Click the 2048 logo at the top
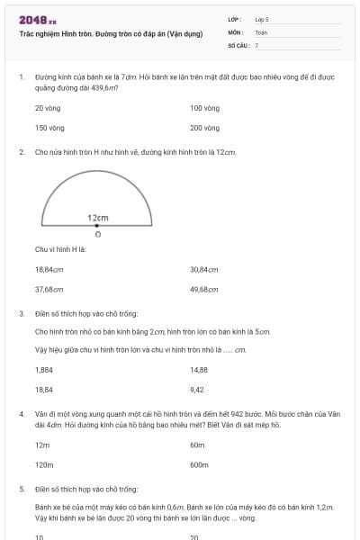(x=37, y=19)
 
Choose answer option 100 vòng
(x=205, y=107)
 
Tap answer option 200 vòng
(x=205, y=128)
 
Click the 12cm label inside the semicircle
(x=98, y=218)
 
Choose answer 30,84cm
(x=204, y=269)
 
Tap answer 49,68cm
(x=204, y=290)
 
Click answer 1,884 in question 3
(x=43, y=370)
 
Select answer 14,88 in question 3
(x=199, y=370)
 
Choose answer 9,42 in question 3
(x=197, y=391)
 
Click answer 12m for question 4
(x=41, y=445)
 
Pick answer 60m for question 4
(x=198, y=445)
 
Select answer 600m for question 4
(x=200, y=465)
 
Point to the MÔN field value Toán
(x=261, y=31)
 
